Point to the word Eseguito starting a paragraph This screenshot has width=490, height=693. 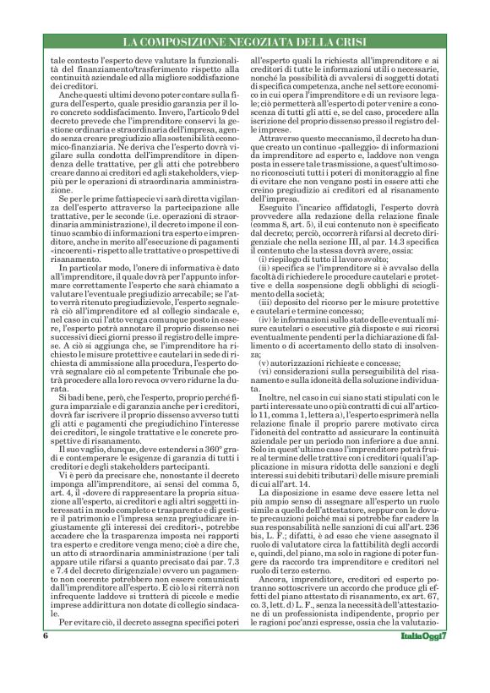pos(278,208)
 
